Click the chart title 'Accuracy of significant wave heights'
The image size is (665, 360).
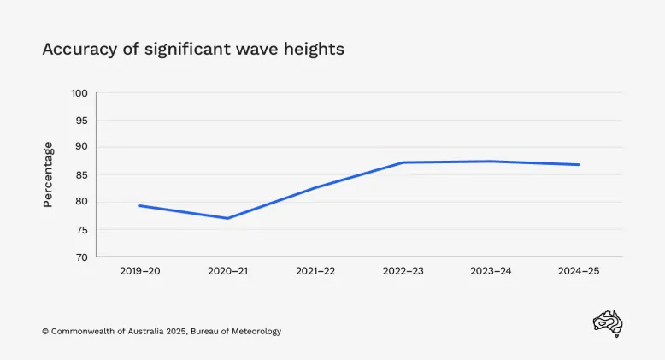193,49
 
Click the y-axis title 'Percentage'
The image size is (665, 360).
48,174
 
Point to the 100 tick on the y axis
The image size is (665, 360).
79,92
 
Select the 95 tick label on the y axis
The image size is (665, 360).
82,120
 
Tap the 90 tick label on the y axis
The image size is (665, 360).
82,147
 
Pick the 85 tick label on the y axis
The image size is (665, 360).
82,174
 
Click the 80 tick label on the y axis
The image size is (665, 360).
82,202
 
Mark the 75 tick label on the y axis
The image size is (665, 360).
82,229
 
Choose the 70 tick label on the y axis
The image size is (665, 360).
82,257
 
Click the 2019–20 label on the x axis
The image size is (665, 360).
139,271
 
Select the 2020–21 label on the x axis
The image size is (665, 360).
227,271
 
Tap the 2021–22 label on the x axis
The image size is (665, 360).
315,271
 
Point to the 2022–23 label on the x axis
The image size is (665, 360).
403,271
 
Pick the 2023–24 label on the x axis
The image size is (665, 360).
491,271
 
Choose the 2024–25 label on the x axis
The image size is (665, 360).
580,271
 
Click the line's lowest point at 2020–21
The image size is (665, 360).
227,218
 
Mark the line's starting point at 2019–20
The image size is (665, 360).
139,205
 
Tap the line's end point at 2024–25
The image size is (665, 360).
580,164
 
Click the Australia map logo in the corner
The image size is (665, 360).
608,324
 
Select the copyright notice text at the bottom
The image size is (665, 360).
162,331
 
